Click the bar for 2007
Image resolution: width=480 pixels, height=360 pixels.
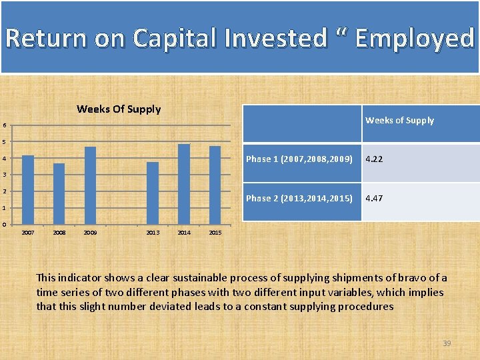[x=28, y=190]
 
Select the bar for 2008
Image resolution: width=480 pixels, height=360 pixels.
[x=59, y=194]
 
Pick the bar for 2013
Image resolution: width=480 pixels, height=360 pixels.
[x=153, y=193]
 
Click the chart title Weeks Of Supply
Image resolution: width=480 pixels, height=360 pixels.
[x=119, y=109]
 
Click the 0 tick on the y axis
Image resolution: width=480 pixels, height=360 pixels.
[x=5, y=224]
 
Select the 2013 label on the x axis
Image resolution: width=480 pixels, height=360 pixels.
[x=153, y=233]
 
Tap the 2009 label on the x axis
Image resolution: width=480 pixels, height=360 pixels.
[x=91, y=233]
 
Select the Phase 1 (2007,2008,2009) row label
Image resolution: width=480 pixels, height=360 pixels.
[x=299, y=159]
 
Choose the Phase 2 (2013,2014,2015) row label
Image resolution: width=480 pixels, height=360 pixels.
[x=299, y=199]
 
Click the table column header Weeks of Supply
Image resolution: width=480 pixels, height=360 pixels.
[x=399, y=121]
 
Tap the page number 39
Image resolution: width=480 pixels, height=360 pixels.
[x=447, y=343]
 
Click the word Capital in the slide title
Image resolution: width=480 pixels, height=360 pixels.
[x=175, y=38]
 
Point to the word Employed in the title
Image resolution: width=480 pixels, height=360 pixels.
[x=414, y=38]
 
